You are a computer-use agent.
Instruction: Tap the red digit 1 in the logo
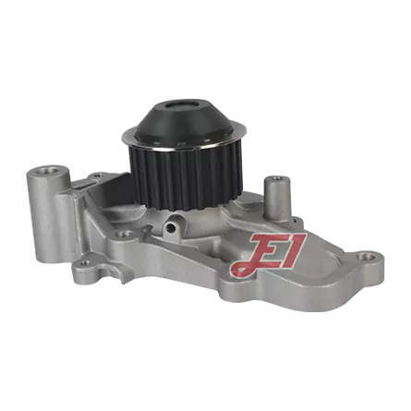294,250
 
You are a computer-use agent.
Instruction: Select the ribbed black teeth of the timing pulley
186,178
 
